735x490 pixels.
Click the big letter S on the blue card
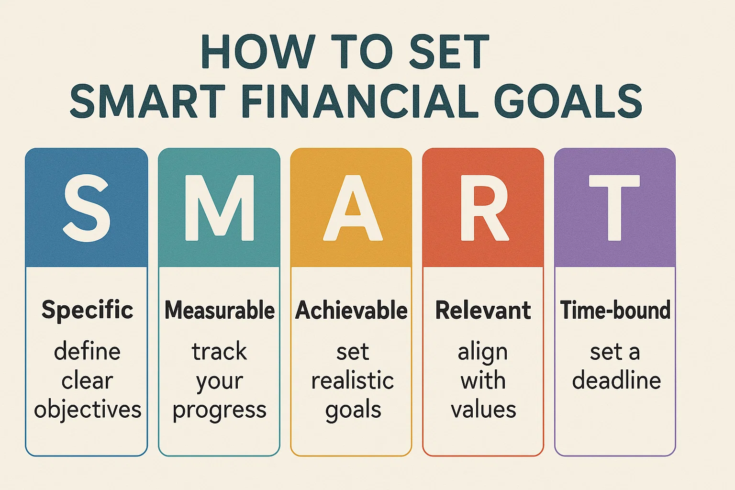[87, 208]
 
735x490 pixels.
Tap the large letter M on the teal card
[220, 208]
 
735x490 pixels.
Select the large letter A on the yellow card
[353, 208]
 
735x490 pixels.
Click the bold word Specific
[87, 311]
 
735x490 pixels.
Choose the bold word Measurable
[220, 310]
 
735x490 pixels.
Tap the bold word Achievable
[351, 310]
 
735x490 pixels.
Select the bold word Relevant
[483, 310]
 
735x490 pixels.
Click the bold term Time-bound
[615, 310]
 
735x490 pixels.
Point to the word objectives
[88, 410]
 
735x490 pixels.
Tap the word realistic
[353, 380]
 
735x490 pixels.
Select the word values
[483, 410]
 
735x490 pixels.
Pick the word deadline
[616, 380]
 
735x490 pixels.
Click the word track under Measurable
[219, 351]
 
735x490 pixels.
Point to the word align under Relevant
[483, 353]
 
